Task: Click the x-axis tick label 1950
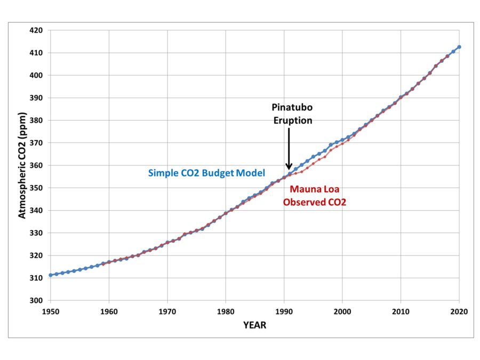[x=51, y=311]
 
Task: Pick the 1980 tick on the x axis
[x=226, y=311]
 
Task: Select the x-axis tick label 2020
[x=459, y=311]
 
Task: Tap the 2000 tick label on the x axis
[x=342, y=311]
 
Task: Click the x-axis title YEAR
[x=254, y=325]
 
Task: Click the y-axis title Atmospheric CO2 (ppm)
[x=22, y=165]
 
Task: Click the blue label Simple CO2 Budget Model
[x=206, y=173]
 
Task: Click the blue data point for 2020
[x=459, y=47]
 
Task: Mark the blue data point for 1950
[x=51, y=275]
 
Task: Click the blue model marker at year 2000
[x=342, y=140]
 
